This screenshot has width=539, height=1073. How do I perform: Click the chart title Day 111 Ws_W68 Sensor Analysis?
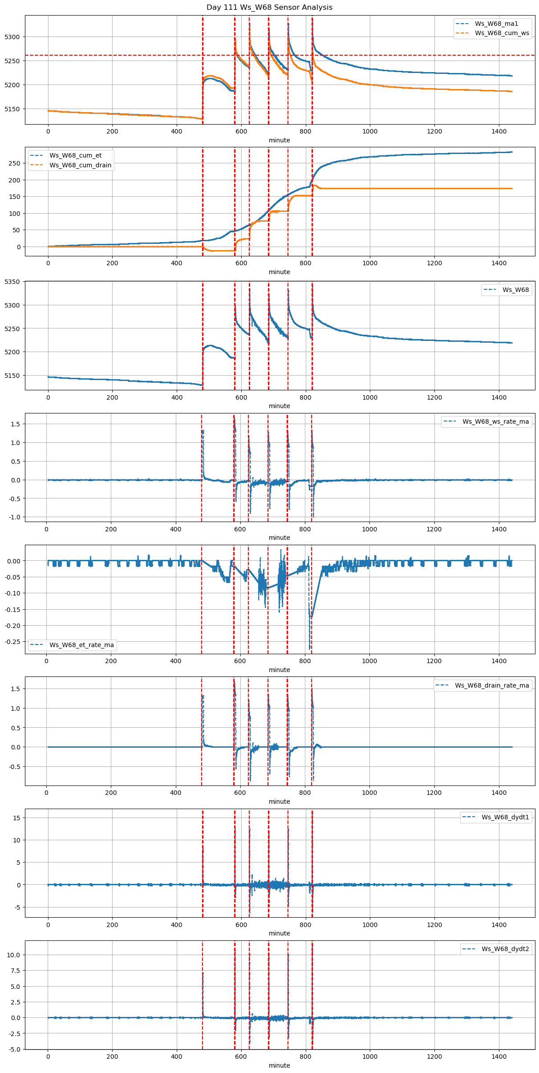coord(269,8)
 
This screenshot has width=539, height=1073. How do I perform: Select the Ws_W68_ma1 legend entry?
coord(496,24)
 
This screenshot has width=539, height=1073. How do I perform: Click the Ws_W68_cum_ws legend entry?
coord(502,33)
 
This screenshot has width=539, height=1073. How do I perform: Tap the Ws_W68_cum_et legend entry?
coord(75,155)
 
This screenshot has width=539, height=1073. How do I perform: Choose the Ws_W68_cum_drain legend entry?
coord(80,165)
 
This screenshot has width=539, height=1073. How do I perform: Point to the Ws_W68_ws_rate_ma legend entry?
coord(495,421)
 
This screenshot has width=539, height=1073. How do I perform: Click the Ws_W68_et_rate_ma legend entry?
coord(81,645)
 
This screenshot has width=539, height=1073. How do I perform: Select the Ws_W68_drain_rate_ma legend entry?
coord(492,685)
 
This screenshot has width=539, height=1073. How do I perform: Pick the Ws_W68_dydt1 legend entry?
coord(505,817)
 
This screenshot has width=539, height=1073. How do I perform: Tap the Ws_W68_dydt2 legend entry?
coord(505,949)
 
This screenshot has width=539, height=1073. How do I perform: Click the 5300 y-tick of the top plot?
coord(12,37)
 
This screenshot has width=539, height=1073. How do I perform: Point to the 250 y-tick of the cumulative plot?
coord(15,163)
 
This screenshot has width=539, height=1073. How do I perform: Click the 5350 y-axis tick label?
coord(12,282)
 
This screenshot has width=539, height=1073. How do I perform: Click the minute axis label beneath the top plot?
coord(279,140)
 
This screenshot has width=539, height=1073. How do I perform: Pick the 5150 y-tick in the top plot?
coord(12,109)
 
